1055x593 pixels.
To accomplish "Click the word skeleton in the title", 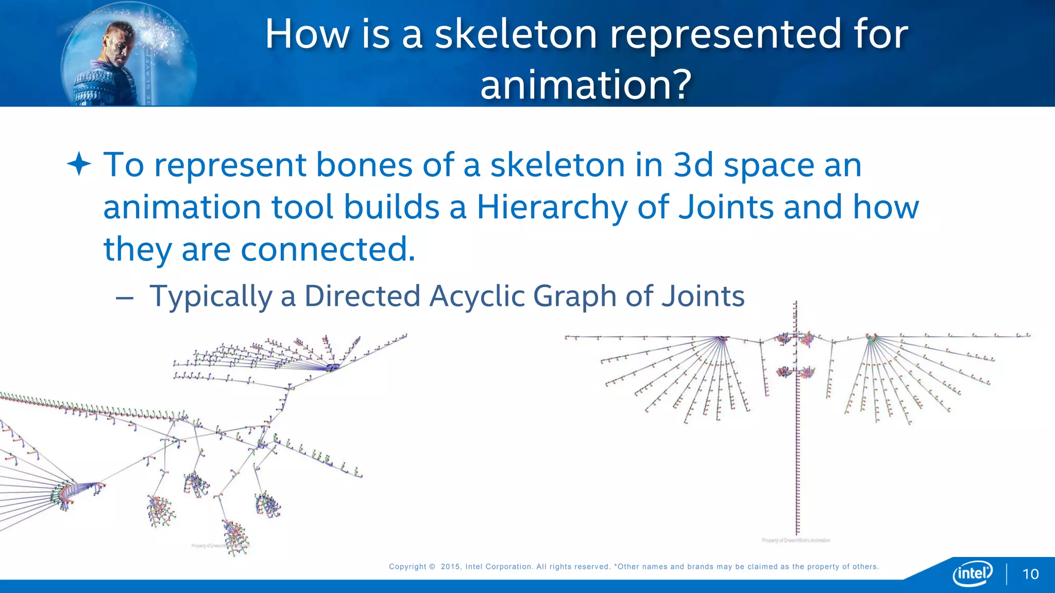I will [516, 34].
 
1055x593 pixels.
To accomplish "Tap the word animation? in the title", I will [586, 85].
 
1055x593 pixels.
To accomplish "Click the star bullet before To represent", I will [79, 165].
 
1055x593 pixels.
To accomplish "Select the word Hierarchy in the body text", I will [552, 207].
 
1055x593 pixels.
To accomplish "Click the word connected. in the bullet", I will [328, 250].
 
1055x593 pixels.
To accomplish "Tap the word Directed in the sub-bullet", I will [362, 296].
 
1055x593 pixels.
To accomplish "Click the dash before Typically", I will [125, 298].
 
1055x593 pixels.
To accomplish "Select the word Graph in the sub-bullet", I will [574, 296].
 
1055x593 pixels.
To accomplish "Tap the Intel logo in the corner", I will [973, 573].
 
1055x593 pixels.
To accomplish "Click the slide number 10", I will [1030, 574].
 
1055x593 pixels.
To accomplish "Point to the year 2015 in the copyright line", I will [450, 567].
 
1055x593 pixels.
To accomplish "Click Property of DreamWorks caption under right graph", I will [796, 540].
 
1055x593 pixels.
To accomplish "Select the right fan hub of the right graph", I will [871, 338].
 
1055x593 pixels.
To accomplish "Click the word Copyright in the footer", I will [407, 567].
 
